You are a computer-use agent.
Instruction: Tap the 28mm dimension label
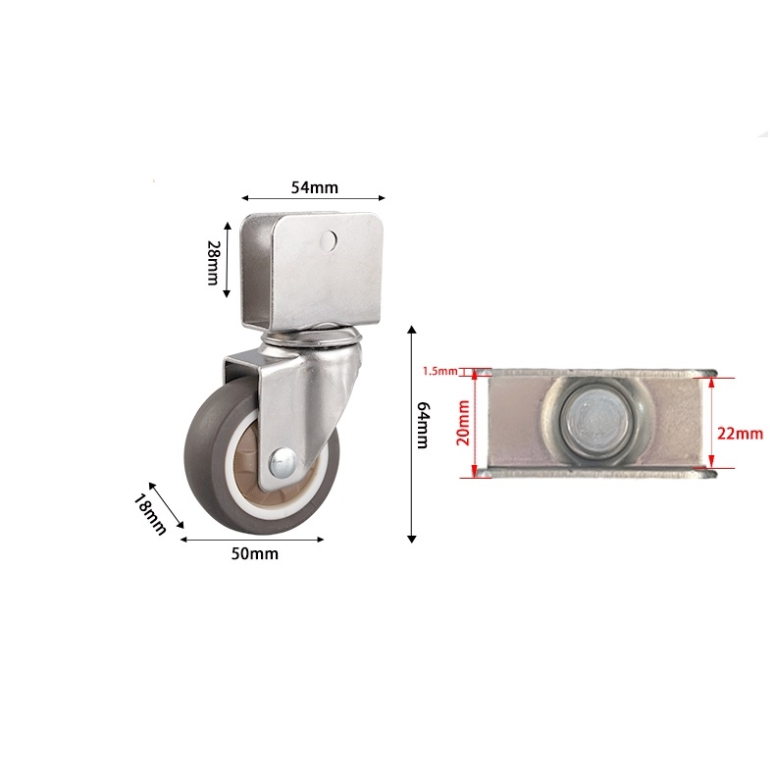point(212,264)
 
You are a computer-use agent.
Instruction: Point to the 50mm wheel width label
point(254,554)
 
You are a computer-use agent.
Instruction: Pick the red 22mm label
point(740,433)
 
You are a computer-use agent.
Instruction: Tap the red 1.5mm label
point(439,371)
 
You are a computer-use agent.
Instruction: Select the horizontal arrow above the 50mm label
point(254,539)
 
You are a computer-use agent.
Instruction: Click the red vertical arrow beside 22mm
point(712,425)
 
